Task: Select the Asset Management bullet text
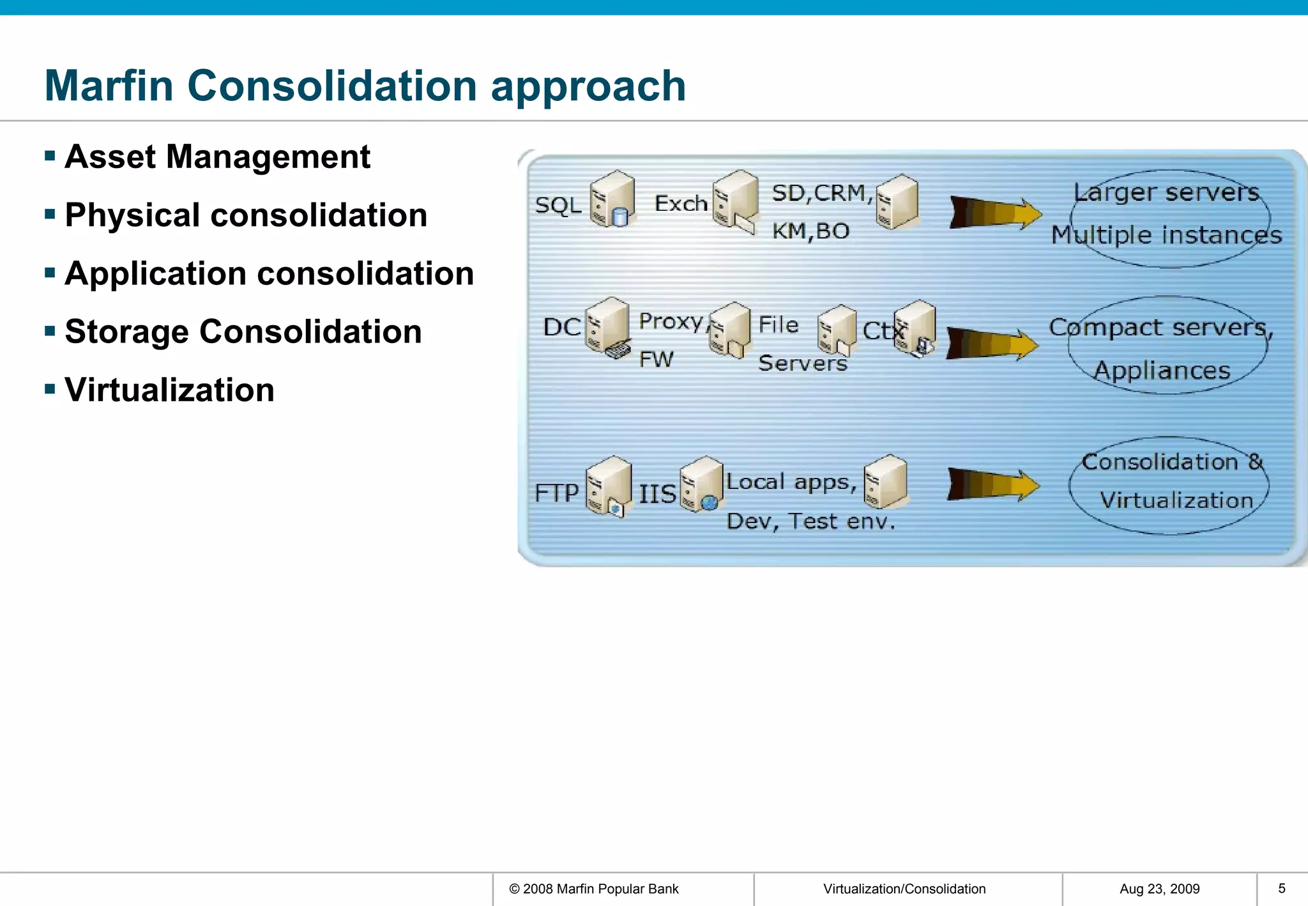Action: click(217, 157)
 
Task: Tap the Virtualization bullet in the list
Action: click(169, 390)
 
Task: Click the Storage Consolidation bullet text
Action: click(243, 332)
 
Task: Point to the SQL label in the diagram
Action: click(558, 206)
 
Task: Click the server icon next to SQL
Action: click(611, 199)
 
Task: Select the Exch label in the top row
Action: click(681, 204)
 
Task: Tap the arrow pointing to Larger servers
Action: click(994, 213)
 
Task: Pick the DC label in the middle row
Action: click(561, 327)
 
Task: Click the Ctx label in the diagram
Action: click(881, 331)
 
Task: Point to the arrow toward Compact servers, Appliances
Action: click(991, 344)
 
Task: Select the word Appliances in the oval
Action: click(1162, 371)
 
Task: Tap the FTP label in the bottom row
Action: click(556, 493)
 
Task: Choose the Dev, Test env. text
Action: click(810, 522)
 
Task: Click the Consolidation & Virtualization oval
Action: click(1169, 486)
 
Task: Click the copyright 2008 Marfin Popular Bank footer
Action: click(593, 889)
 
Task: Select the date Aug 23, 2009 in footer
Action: click(1159, 889)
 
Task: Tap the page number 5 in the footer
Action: click(1281, 888)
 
